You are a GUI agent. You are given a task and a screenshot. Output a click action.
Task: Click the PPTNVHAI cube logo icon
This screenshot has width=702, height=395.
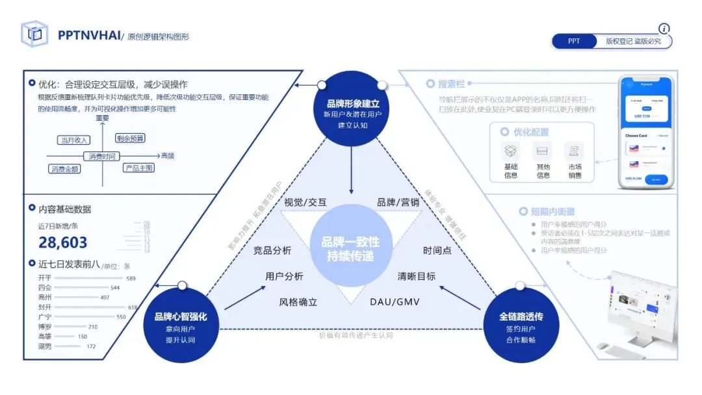click(34, 34)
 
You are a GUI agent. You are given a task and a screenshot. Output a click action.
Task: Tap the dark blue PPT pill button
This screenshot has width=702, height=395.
click(574, 41)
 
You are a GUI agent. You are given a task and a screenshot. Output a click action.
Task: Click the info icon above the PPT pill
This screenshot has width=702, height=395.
click(664, 29)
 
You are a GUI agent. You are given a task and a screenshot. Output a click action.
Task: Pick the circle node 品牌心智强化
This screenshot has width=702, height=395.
click(180, 323)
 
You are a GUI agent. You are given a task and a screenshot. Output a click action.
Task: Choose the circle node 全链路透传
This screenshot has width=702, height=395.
click(521, 323)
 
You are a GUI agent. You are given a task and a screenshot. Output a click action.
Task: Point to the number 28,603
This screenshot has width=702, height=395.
click(63, 243)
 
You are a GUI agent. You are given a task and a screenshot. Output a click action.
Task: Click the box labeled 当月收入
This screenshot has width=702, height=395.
click(73, 140)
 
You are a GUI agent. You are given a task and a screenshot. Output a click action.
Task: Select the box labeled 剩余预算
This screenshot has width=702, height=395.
click(130, 138)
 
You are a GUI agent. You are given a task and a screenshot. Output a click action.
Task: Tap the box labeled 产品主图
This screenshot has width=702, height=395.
click(139, 168)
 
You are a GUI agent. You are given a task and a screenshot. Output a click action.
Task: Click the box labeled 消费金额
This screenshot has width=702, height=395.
click(66, 169)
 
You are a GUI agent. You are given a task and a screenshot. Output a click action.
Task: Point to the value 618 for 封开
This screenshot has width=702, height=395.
click(133, 307)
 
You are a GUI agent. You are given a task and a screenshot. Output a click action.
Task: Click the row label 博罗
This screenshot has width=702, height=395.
click(45, 327)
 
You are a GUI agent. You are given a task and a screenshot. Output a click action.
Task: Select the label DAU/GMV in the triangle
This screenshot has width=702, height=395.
click(395, 302)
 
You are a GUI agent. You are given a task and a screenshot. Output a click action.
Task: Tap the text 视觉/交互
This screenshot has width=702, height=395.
click(305, 202)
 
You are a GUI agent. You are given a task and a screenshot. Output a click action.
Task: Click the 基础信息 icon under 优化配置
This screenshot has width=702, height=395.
click(511, 151)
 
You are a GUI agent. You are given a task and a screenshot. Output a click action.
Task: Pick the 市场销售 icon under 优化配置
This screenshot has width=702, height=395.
click(575, 151)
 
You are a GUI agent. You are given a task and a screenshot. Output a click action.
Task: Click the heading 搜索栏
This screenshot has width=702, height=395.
click(452, 84)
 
